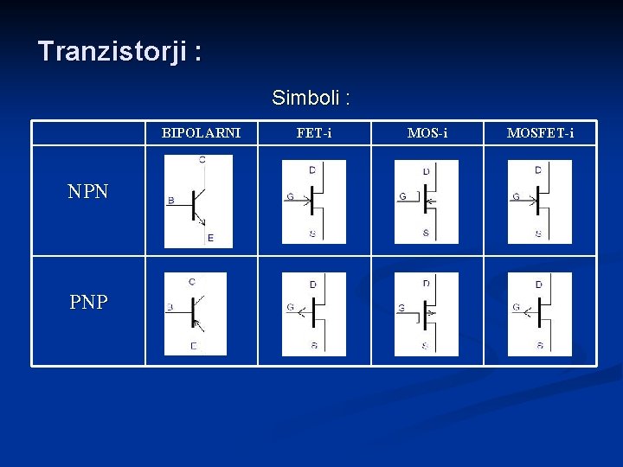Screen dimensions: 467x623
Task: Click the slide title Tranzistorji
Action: [119, 52]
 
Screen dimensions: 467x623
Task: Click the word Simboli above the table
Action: [310, 98]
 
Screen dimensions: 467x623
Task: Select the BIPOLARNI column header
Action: [201, 133]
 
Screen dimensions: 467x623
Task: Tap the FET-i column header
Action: [313, 133]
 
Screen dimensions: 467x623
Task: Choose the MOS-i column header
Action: [427, 133]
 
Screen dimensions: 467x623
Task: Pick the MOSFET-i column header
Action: [539, 133]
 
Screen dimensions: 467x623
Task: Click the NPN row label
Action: [88, 192]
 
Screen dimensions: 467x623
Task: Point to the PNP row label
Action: [88, 303]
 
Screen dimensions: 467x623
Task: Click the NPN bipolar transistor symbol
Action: [199, 201]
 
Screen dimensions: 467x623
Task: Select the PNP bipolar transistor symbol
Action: [196, 313]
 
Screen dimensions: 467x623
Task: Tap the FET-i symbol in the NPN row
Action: [313, 202]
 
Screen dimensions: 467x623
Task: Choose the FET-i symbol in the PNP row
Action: [313, 313]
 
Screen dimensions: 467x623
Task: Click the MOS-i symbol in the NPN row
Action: [426, 202]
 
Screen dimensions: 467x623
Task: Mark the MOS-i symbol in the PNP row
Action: [426, 313]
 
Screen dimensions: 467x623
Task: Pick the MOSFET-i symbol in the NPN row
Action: [539, 202]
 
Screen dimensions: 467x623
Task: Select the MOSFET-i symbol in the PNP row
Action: [539, 313]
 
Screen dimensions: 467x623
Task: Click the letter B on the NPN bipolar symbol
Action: [170, 201]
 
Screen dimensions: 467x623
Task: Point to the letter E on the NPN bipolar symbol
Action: [210, 238]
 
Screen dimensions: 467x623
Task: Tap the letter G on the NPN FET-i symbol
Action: [290, 197]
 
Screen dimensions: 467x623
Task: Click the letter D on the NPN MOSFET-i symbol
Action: [538, 170]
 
